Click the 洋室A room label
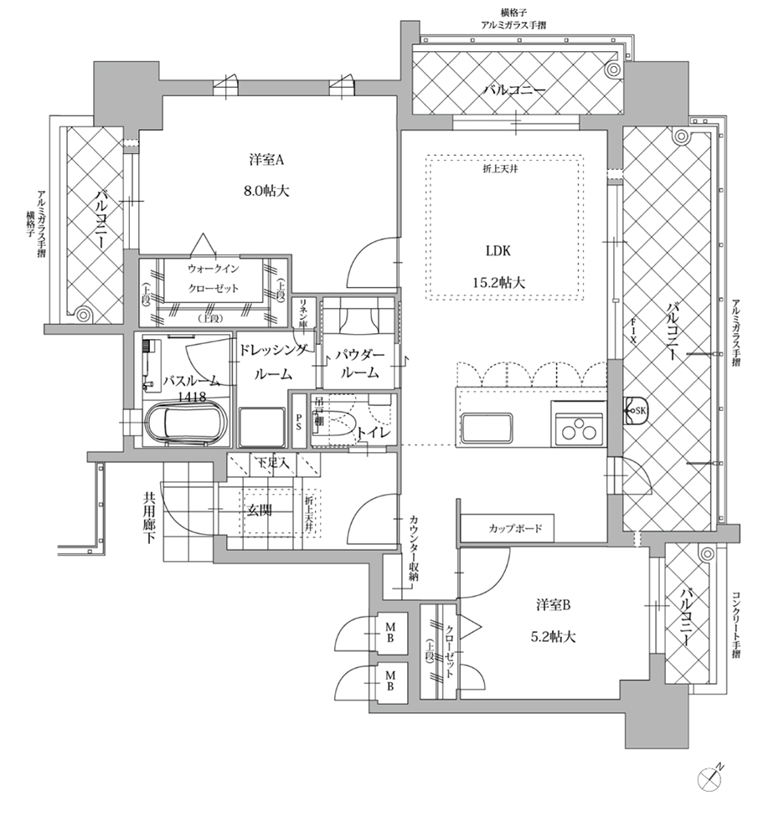pos(267,159)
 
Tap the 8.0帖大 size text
pos(267,191)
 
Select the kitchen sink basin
pos(487,429)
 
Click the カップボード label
pos(516,529)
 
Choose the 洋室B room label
pos(554,604)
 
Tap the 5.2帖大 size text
pos(554,636)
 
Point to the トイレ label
pos(369,433)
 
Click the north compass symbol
pos(711,779)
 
